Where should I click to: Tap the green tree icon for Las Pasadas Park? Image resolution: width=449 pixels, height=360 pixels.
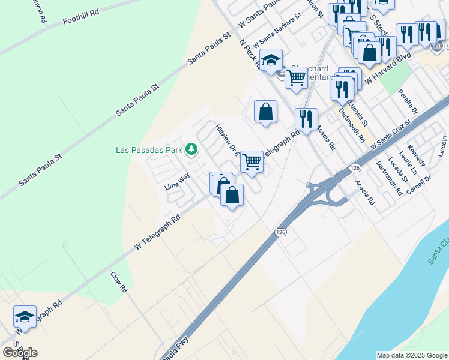191,148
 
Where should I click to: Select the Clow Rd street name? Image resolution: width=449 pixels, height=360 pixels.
119,281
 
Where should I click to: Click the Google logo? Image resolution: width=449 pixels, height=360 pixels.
20,353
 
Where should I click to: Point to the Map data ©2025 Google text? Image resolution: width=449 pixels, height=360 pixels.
412,355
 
